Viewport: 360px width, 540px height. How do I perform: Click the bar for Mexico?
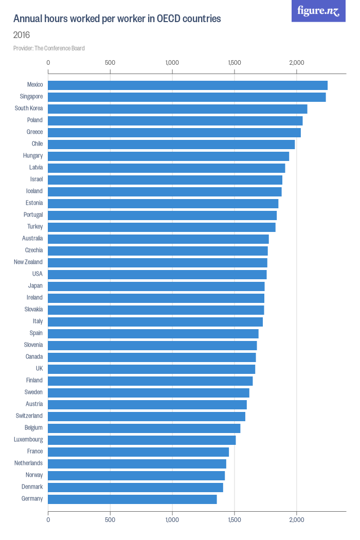[x=188, y=85]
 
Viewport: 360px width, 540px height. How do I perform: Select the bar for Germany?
[x=132, y=499]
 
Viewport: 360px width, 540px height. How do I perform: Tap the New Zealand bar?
[x=157, y=263]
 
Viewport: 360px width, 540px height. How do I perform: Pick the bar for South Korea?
[x=177, y=109]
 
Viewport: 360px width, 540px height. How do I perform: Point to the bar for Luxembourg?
[x=141, y=440]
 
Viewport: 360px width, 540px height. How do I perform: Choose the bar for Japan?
[x=156, y=286]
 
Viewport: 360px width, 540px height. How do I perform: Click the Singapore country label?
[x=31, y=97]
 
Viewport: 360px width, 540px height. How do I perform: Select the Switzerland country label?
[x=29, y=416]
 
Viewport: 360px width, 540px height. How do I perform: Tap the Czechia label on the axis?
[x=34, y=250]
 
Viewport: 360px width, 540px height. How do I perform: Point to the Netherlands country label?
[x=28, y=463]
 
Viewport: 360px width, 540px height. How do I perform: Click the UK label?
[x=39, y=369]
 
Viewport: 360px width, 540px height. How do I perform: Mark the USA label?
[x=37, y=274]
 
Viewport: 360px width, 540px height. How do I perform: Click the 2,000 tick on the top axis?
[x=297, y=63]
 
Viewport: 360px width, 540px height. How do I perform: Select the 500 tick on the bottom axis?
[x=110, y=520]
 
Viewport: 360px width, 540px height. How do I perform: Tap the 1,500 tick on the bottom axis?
[x=235, y=520]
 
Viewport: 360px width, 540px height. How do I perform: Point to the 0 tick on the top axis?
[x=48, y=63]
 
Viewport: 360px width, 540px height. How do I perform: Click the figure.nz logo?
[x=318, y=11]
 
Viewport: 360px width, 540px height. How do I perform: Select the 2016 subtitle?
[x=22, y=35]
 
